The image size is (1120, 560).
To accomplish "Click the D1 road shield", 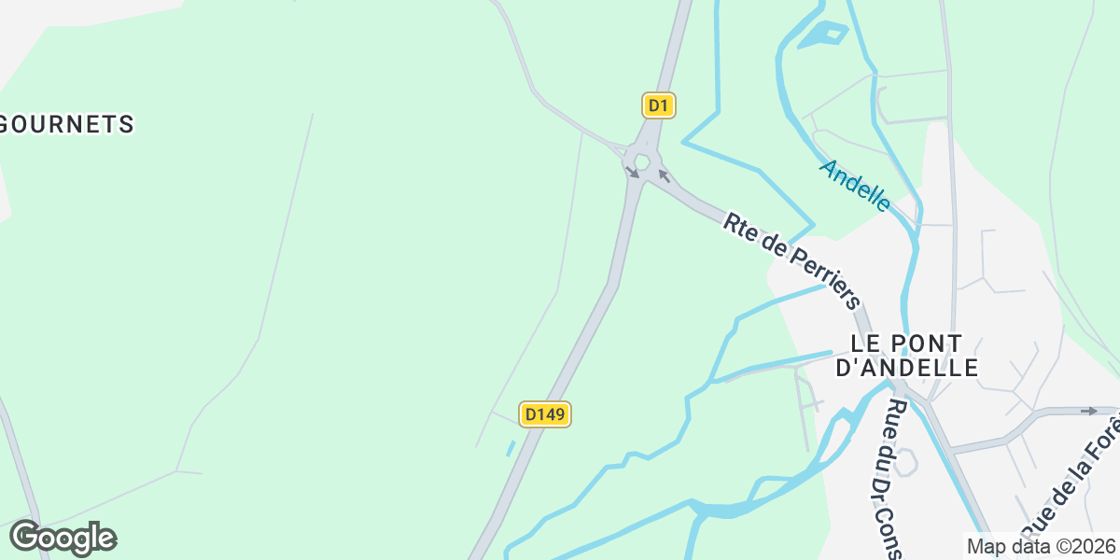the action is tap(659, 105).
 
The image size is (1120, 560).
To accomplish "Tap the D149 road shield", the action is tap(545, 414).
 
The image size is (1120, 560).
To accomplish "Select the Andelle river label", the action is tap(854, 184).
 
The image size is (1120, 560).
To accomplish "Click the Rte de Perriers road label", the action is tap(791, 261).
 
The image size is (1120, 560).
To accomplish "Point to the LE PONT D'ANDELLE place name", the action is tap(906, 356).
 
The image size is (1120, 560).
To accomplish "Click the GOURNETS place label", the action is tap(67, 124).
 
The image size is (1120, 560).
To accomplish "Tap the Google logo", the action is tap(63, 539).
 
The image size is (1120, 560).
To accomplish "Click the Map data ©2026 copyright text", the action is tap(1041, 546).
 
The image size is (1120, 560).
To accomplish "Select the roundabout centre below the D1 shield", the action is tap(641, 160).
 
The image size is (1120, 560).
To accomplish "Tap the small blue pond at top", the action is tap(822, 35).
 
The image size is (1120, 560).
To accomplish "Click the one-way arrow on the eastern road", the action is tap(1088, 411).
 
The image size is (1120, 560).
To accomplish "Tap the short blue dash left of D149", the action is tap(511, 449).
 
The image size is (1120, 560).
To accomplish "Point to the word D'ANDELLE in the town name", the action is tap(906, 368).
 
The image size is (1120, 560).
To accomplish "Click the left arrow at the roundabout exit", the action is tap(632, 171).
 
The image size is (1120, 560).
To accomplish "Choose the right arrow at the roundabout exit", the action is tap(664, 175).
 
